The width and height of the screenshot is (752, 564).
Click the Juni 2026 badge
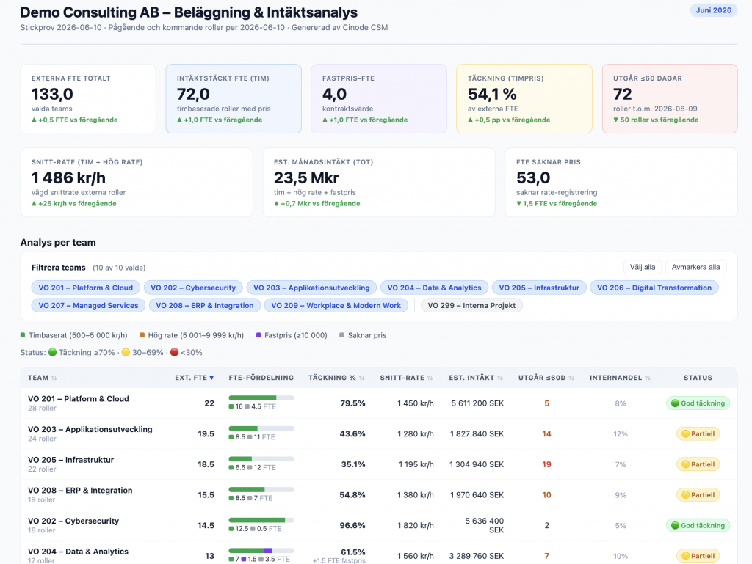coord(713,10)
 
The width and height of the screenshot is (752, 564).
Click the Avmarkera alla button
coord(695,267)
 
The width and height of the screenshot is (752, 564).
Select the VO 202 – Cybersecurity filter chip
coord(193,288)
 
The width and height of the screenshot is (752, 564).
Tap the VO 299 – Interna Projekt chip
coord(471,305)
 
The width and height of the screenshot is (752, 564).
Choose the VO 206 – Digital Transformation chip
coord(654,288)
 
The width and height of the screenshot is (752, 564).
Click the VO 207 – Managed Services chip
coord(88,305)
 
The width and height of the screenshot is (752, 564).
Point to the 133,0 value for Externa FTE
coord(52,94)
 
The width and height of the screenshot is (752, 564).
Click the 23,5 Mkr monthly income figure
coord(306,177)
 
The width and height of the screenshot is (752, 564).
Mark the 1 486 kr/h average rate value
coord(68,177)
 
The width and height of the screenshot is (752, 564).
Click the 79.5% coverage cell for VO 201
coord(352,403)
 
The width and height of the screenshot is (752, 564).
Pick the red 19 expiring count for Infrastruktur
coord(546,464)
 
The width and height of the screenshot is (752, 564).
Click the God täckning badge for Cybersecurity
coord(698,525)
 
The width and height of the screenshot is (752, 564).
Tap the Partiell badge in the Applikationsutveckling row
coord(698,433)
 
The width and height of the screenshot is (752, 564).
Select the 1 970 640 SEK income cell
coord(477,495)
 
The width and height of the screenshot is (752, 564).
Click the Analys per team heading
coord(58,242)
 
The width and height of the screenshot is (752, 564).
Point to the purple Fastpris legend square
coord(258,335)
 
